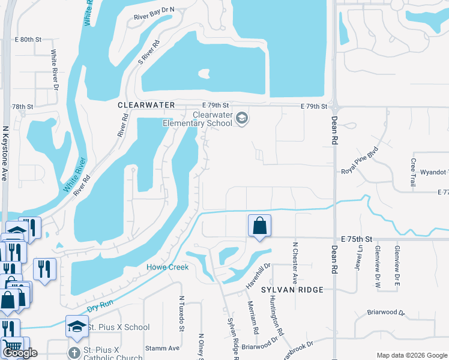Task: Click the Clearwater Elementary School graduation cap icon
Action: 241,117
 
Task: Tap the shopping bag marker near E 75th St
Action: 259,226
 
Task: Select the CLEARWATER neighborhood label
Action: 146,105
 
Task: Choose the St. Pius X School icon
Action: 77,327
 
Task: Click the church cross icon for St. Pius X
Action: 74,352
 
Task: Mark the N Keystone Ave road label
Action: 5,153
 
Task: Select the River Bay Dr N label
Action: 154,10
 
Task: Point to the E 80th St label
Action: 27,39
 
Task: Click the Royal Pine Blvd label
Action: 360,160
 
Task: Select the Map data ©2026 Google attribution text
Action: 412,355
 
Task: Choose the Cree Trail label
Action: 413,172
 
